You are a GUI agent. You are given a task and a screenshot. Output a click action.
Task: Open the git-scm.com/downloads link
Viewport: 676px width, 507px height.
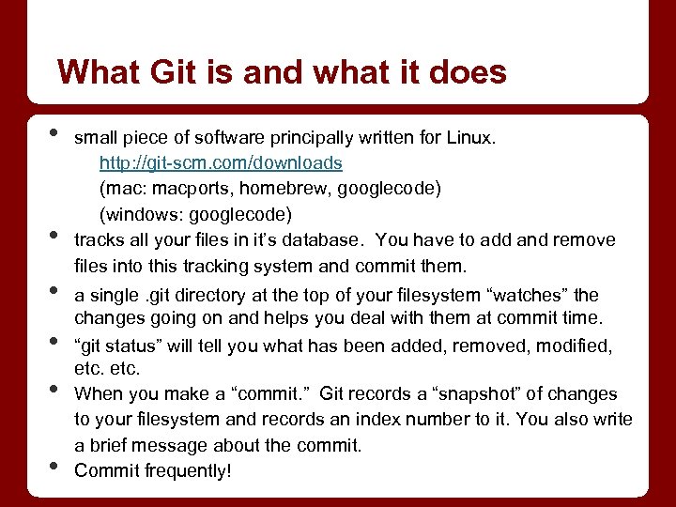click(221, 163)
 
